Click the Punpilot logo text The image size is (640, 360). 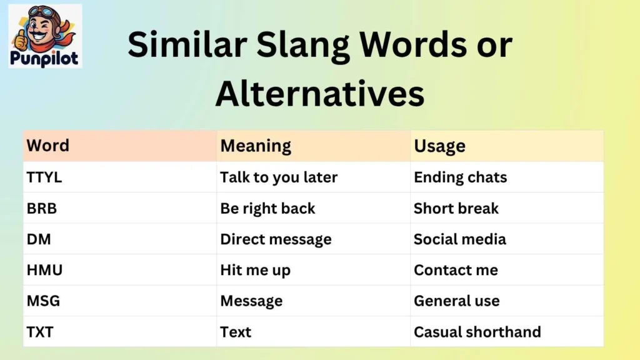[x=45, y=59]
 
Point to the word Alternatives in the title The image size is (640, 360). [x=319, y=94]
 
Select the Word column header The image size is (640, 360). [x=47, y=146]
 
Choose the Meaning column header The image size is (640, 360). [x=256, y=146]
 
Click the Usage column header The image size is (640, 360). [x=439, y=146]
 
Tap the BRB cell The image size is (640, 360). [x=41, y=208]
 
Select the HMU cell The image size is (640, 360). [x=44, y=270]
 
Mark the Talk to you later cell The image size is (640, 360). [x=279, y=177]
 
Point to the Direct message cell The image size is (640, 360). [x=276, y=239]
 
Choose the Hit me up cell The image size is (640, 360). [x=255, y=270]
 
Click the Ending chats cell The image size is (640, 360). [x=460, y=177]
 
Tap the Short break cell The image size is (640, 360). [x=456, y=208]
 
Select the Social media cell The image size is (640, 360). [x=459, y=239]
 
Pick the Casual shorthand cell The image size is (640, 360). [x=477, y=332]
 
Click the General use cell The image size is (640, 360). [x=456, y=301]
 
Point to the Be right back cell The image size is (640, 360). [x=267, y=208]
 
